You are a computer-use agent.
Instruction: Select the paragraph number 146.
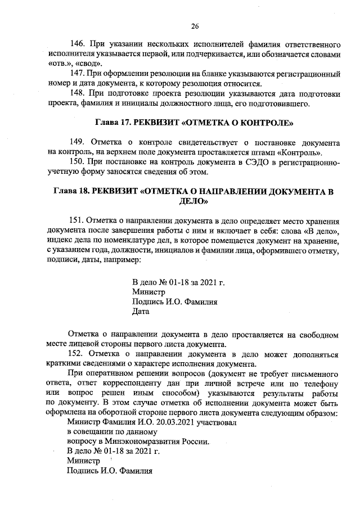[x=76, y=44]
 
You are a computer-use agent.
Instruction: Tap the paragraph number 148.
[x=76, y=93]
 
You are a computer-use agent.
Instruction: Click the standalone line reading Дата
[x=140, y=310]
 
